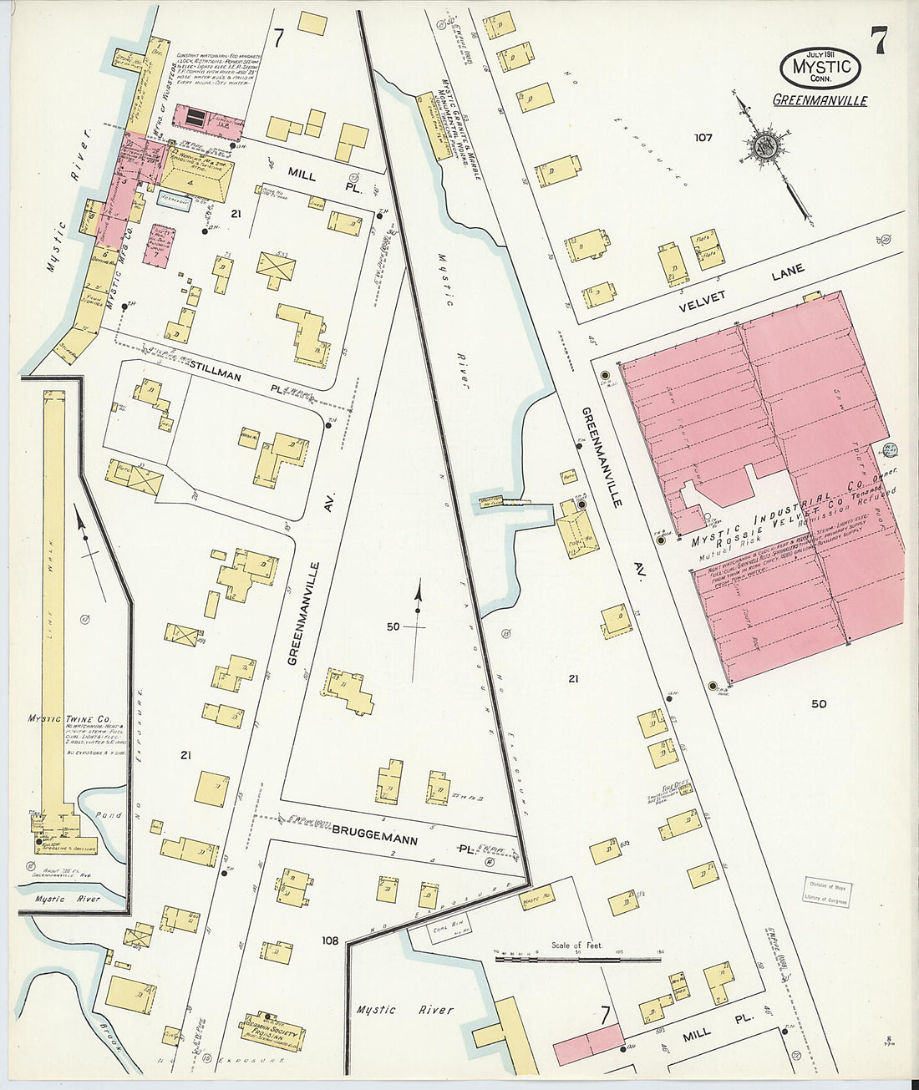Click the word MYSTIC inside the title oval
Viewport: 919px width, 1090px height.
tap(820, 66)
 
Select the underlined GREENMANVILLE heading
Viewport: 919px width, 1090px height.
tap(820, 100)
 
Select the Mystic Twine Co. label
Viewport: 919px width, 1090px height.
tap(70, 717)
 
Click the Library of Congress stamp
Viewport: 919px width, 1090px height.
tap(827, 891)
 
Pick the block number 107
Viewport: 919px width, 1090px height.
tap(703, 137)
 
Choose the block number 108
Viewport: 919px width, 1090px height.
tap(332, 940)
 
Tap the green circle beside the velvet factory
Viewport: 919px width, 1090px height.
tap(890, 449)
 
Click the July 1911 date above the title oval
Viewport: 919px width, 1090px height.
tap(820, 53)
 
